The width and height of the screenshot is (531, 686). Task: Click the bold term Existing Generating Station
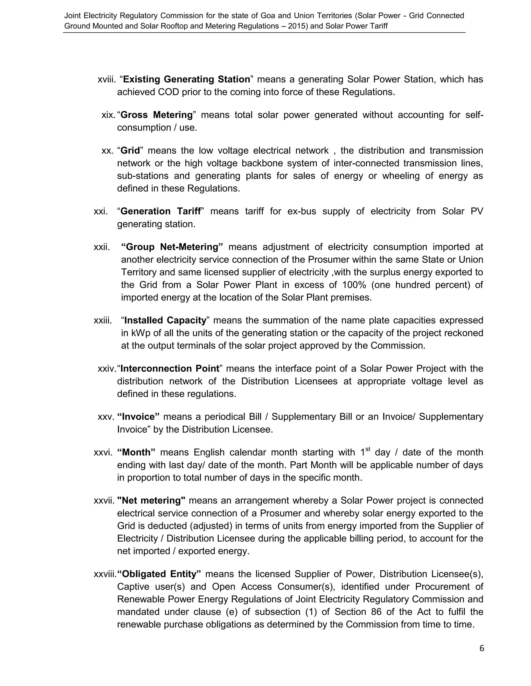[186, 79]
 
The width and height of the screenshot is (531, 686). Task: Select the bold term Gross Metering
[157, 115]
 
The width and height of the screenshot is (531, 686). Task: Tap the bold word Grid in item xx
[130, 151]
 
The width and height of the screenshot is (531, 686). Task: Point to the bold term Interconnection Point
[170, 368]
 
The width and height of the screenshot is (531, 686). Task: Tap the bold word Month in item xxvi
[136, 453]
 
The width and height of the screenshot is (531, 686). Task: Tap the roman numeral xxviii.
[105, 574]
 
